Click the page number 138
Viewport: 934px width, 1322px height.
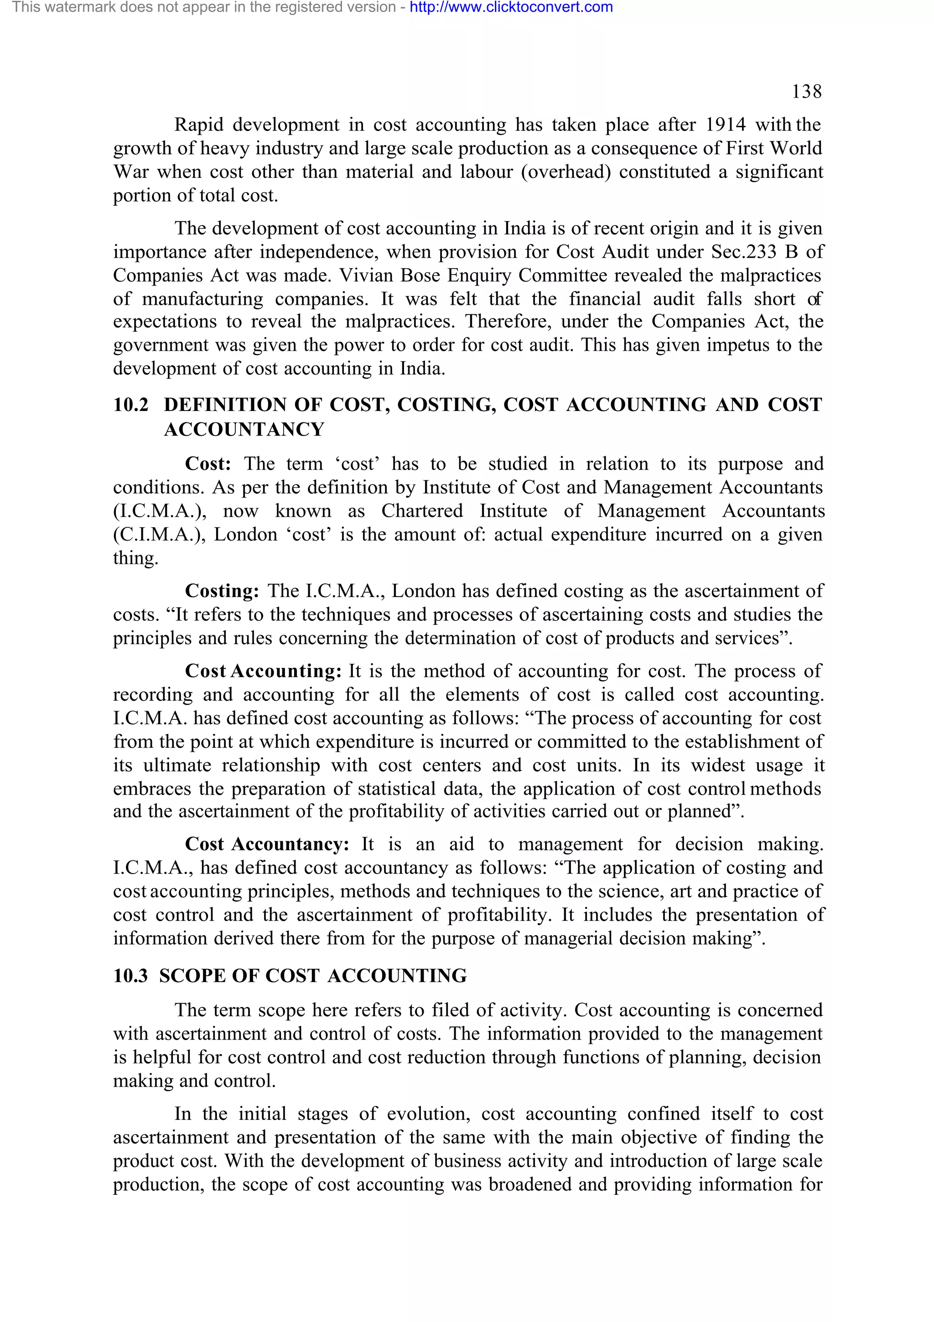[x=806, y=92]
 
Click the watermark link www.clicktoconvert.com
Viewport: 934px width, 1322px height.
[x=511, y=7]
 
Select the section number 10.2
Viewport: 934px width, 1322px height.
[x=130, y=405]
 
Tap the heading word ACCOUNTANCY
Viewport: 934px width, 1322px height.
[x=244, y=430]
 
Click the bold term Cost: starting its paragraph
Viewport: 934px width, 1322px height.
[x=208, y=463]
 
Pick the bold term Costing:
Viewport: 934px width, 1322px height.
[x=222, y=591]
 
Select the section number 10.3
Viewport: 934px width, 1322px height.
[x=130, y=976]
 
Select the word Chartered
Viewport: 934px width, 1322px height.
[x=422, y=511]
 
